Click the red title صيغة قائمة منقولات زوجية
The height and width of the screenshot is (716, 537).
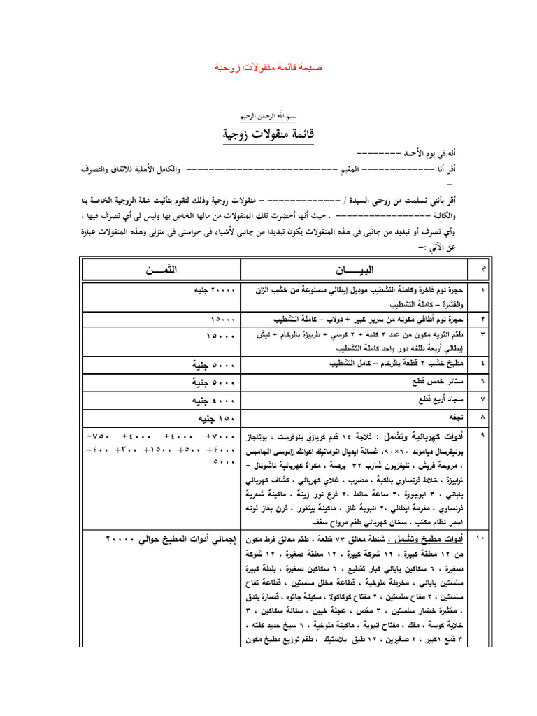coord(268,67)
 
